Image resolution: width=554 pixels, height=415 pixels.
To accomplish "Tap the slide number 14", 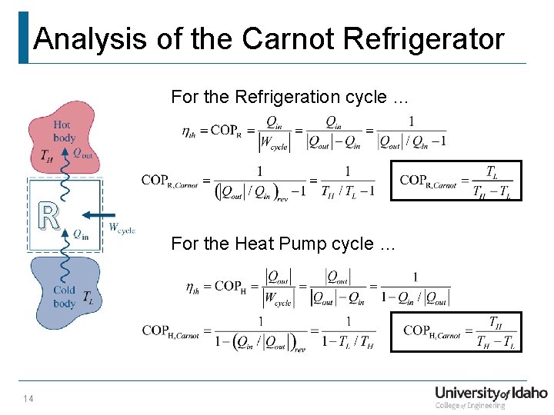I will pos(29,397).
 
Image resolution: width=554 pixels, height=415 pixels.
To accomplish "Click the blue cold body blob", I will pos(65,292).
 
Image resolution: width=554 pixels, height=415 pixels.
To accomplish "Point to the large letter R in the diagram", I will pos(48,217).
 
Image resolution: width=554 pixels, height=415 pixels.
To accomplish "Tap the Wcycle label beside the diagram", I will pos(122,228).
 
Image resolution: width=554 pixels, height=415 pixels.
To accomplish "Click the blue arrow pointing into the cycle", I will pos(99,215).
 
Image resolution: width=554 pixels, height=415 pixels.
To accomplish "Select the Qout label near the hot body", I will pos(84,153).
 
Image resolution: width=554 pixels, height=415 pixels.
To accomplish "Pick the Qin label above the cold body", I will pos(81,234).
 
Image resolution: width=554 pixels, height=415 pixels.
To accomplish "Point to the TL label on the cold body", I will pos(88,297).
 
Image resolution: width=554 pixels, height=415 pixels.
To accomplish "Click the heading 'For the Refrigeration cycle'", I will pos(289,97).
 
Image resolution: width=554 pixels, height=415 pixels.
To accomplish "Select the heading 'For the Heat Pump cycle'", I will pos(283,244).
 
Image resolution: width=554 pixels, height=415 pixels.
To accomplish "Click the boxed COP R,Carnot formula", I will pos(456,181).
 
